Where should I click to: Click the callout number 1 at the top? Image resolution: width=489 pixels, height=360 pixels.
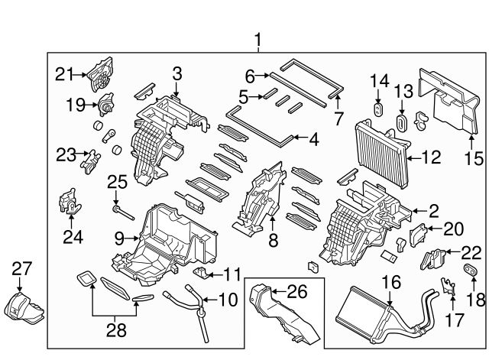pyautogui.click(x=257, y=39)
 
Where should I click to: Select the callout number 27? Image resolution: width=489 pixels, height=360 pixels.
pyautogui.click(x=22, y=268)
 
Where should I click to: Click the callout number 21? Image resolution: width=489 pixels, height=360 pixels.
pyautogui.click(x=63, y=73)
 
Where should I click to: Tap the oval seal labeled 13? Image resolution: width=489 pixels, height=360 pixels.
pyautogui.click(x=402, y=125)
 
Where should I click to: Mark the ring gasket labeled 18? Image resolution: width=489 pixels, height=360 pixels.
pyautogui.click(x=471, y=273)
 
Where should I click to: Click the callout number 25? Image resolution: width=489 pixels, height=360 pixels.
pyautogui.click(x=115, y=183)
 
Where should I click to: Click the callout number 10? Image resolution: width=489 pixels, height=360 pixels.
pyautogui.click(x=226, y=300)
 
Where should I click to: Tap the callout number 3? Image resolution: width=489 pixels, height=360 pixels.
pyautogui.click(x=176, y=74)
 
